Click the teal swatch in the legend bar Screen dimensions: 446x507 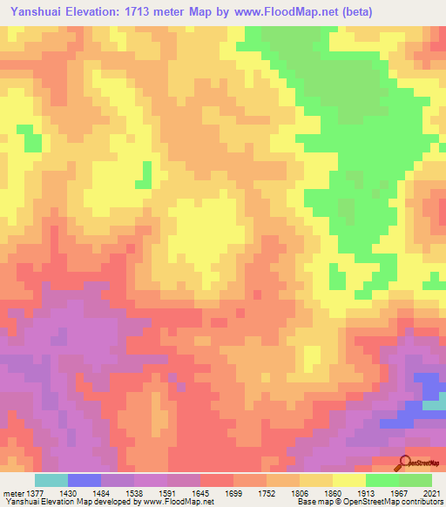click(x=51, y=480)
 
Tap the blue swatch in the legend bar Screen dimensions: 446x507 click(x=84, y=480)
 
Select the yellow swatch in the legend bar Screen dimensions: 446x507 click(x=349, y=480)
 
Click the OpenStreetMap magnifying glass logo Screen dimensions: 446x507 click(x=405, y=464)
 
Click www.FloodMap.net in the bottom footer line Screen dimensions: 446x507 click(x=179, y=503)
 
